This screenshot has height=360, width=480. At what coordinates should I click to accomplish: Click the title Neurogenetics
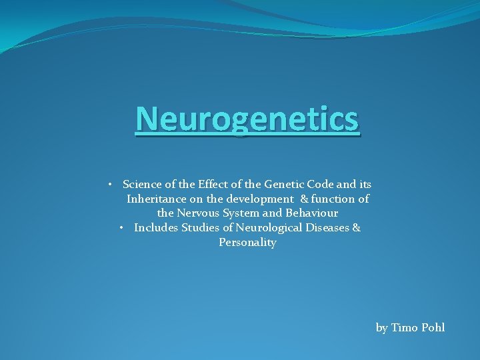247,120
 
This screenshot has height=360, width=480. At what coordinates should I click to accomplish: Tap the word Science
143,184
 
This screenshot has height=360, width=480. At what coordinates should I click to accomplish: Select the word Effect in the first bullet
212,184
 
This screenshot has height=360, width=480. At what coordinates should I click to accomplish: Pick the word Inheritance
157,199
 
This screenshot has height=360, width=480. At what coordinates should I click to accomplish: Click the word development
260,199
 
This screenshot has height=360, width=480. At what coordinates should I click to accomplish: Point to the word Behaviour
313,213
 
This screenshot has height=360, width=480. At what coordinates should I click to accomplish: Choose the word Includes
154,228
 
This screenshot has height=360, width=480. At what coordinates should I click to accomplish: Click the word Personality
247,243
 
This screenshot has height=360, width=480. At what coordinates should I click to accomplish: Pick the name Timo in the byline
405,327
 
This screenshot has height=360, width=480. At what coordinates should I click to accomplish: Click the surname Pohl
433,327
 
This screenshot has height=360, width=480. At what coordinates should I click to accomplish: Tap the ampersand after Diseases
356,228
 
